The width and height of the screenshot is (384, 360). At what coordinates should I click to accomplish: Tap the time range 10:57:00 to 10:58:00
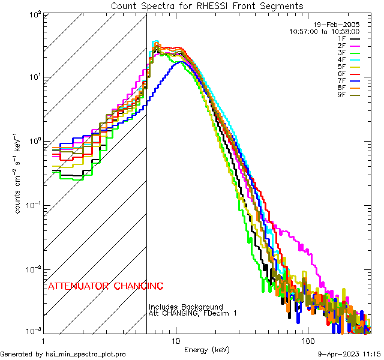coord(324,31)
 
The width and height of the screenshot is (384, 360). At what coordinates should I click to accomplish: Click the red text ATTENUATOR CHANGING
coord(106,286)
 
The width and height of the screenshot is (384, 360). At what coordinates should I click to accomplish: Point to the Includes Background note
coord(185,307)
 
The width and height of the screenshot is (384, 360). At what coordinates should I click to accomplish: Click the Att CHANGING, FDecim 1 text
coord(193,313)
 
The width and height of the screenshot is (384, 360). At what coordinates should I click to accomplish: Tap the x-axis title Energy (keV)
coord(206,349)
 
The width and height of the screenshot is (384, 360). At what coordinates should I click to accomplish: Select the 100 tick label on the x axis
coord(307,340)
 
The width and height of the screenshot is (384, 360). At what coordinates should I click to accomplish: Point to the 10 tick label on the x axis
coord(176,340)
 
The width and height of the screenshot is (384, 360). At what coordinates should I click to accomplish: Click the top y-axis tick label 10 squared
coord(35,14)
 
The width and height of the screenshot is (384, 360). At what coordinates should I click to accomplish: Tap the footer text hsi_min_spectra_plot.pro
coord(63,354)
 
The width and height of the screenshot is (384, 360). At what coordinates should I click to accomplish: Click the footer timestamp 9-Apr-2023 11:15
coord(346,354)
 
